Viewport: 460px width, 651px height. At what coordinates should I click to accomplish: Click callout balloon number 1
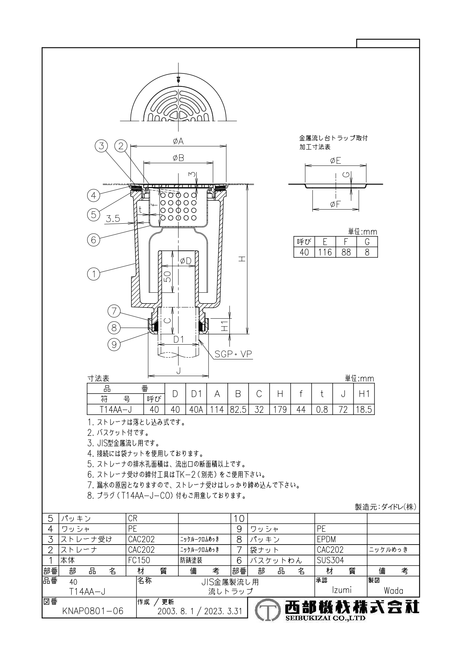pos(93,274)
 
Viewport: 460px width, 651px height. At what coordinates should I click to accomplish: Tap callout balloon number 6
pos(93,240)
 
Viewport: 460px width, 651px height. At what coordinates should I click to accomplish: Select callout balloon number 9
pos(114,345)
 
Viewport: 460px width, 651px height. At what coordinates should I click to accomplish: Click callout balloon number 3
pos(101,146)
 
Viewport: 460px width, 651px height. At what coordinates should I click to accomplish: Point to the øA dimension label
pos(178,141)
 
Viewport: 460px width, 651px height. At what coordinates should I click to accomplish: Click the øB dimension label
pos(178,158)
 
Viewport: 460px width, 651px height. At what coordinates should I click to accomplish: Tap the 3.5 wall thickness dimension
pos(113,219)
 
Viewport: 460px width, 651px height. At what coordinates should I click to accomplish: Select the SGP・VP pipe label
pos(233,354)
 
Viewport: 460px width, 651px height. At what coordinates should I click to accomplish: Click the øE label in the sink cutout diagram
pos(336,161)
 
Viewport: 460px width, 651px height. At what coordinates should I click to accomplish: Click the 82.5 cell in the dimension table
pos(238,410)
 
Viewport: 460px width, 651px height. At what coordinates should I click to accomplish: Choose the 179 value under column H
pos(280,410)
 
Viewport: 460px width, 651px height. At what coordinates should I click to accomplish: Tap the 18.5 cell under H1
pos(364,410)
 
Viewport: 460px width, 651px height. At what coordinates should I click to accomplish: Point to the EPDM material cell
pos(326,539)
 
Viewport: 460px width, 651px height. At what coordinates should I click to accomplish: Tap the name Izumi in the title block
pos(342,590)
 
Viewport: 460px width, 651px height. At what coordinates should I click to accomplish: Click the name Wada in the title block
pos(393,591)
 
